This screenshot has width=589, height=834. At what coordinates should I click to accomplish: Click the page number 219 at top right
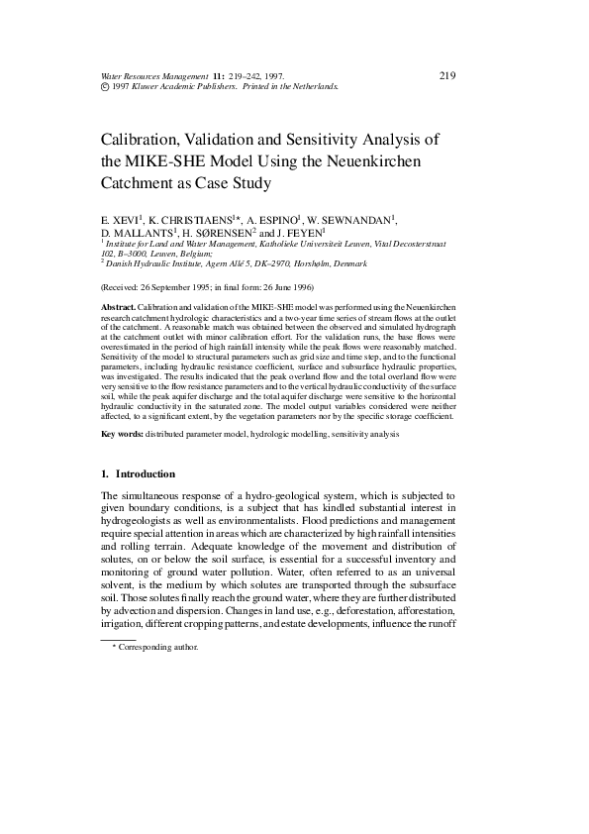pos(445,75)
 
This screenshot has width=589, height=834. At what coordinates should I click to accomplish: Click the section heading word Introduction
pos(146,473)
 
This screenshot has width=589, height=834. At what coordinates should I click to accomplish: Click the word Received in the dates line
pos(126,287)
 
